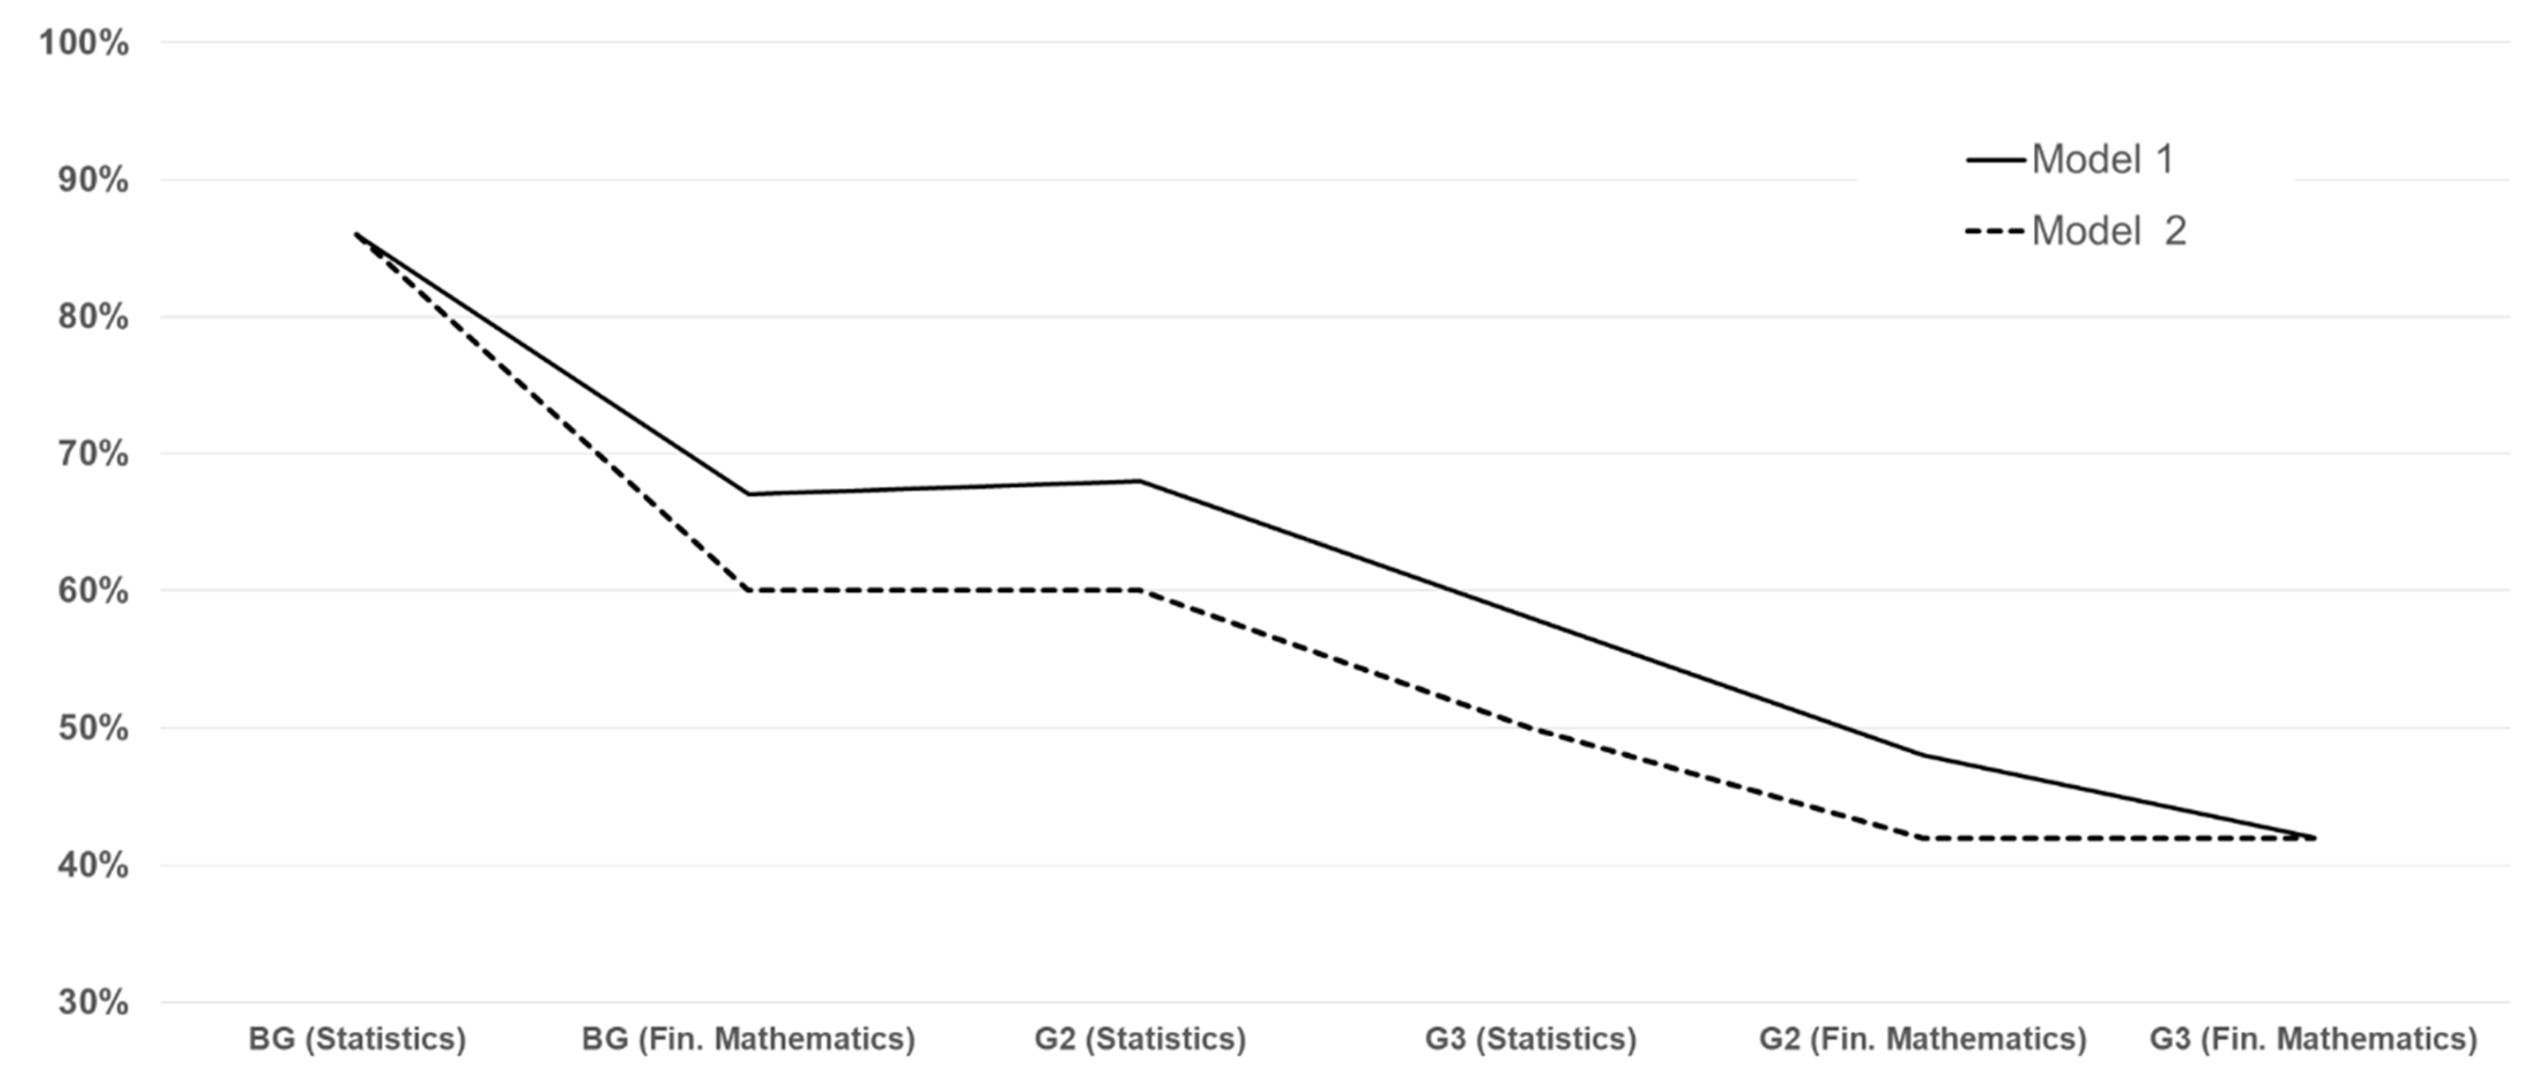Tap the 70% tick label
tap(93, 454)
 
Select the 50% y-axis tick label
tap(93, 729)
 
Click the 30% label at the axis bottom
tap(93, 1003)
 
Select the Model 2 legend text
tap(2109, 231)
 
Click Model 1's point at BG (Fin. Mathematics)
tap(748, 493)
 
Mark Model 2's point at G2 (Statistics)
tap(1140, 591)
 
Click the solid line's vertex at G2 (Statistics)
tap(1140, 481)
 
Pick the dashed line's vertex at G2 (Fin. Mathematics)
tap(1923, 838)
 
